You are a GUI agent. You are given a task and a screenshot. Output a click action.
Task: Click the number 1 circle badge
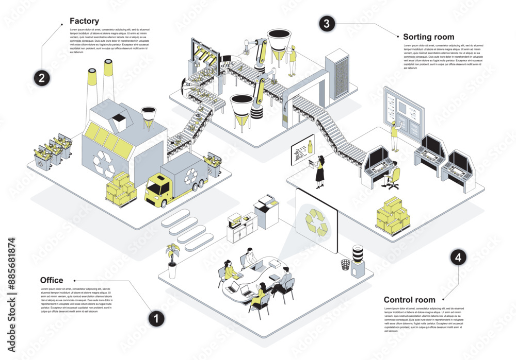point(156,318)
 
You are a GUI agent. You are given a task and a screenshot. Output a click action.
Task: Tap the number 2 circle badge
point(42,78)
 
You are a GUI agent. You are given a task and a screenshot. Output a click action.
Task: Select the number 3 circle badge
point(326,23)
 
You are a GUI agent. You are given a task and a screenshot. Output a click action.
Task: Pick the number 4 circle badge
point(458,258)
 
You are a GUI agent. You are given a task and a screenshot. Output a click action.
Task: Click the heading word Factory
point(84,22)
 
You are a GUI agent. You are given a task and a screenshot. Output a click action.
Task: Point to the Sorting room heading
point(428,37)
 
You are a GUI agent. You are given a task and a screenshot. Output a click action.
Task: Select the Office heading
point(52,280)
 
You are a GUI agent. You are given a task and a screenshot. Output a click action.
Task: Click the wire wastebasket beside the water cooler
point(345,264)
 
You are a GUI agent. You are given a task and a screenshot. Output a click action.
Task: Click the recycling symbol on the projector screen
point(316,221)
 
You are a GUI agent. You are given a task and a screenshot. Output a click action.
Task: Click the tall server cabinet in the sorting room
point(338,75)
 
